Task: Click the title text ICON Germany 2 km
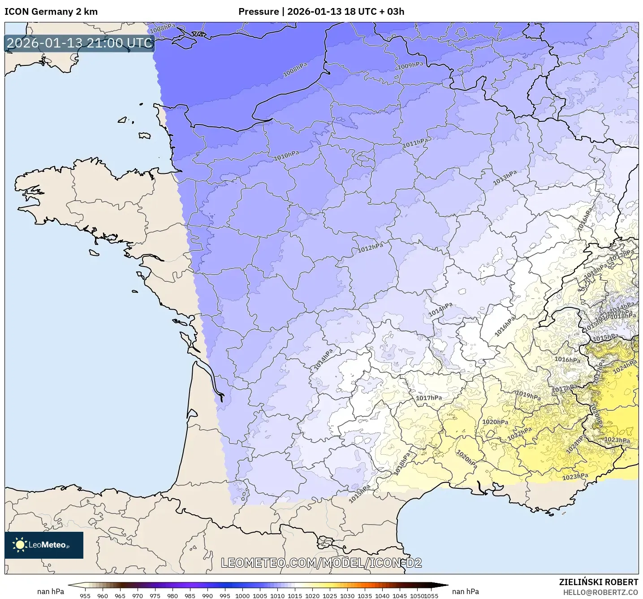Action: coord(51,12)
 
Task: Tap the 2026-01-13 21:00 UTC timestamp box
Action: coord(79,43)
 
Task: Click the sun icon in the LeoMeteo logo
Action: coord(20,545)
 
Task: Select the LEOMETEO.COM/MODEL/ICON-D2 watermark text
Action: coord(321,563)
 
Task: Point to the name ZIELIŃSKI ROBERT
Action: coord(598,582)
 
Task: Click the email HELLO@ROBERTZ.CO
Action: coord(600,592)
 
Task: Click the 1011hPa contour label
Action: coord(415,143)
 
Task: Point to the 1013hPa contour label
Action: coord(505,178)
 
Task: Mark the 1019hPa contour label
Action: coord(528,395)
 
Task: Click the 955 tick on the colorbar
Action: coord(85,595)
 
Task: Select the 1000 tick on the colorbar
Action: coord(242,595)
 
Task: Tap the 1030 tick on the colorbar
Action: coord(347,595)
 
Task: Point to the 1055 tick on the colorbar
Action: coord(431,595)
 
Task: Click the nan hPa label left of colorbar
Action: coord(51,591)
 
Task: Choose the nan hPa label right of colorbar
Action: coord(466,591)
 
